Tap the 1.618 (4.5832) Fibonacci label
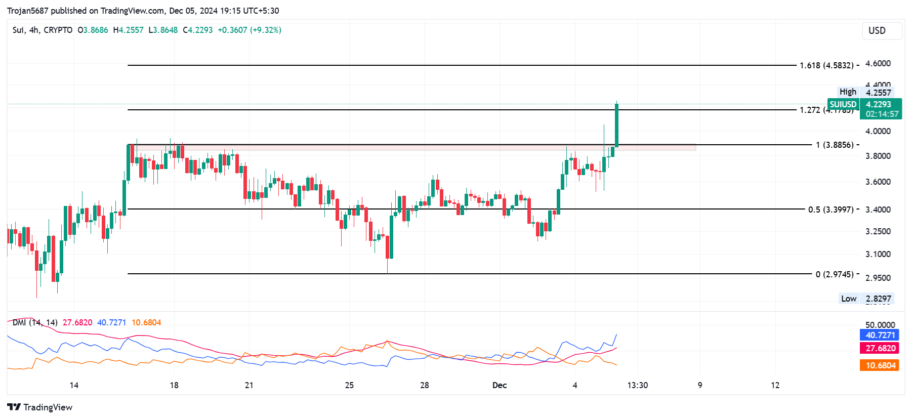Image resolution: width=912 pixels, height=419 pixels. (x=826, y=65)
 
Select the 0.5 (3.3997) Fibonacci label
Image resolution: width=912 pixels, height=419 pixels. (x=831, y=209)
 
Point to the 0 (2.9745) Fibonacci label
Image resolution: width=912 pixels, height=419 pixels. (x=834, y=274)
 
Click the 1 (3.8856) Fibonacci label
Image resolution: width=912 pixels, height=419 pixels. (x=834, y=145)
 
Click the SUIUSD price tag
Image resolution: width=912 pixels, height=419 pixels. (x=843, y=104)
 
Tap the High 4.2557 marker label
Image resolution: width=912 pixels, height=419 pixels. (x=865, y=92)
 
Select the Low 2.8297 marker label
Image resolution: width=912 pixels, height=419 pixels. (x=865, y=299)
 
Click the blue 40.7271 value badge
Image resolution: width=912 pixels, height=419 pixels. (x=880, y=335)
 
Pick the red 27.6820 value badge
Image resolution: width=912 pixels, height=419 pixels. (x=880, y=348)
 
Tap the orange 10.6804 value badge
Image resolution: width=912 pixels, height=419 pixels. (x=880, y=365)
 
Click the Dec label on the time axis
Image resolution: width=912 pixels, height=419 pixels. (x=500, y=386)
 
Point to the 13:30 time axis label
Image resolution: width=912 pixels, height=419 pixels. (x=637, y=386)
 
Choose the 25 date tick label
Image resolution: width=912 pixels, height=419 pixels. (x=349, y=386)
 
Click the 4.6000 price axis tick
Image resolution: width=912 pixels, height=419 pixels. (x=878, y=63)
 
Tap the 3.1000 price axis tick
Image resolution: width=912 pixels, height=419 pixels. (x=878, y=254)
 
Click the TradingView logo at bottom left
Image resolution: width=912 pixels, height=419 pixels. (x=40, y=407)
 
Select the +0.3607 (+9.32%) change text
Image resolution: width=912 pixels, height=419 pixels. (x=250, y=30)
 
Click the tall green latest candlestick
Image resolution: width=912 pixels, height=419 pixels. (x=616, y=125)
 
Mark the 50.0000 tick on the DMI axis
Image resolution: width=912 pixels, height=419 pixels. (x=880, y=325)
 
